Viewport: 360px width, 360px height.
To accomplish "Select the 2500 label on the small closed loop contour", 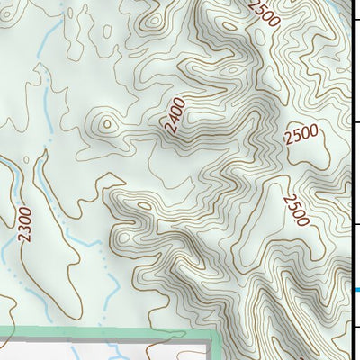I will pyautogui.click(x=301, y=136).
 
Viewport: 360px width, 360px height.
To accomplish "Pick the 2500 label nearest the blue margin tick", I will pyautogui.click(x=296, y=210).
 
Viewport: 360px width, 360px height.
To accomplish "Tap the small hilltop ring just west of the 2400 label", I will pyautogui.click(x=108, y=123).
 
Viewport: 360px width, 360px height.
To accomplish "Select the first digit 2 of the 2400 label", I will pyautogui.click(x=169, y=129).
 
